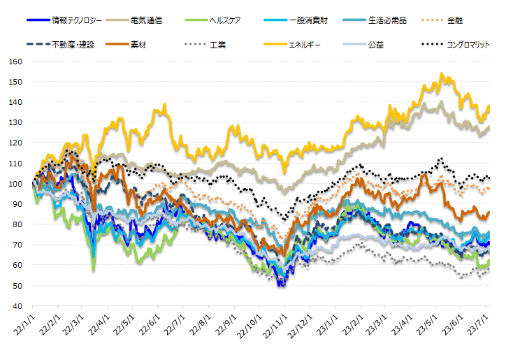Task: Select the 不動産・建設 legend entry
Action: (76, 45)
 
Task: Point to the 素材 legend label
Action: (138, 45)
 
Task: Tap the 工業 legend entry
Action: (217, 45)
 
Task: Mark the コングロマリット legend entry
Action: (468, 45)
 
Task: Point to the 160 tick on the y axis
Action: (16, 62)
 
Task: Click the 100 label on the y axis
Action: (16, 184)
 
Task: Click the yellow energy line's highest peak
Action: (441, 73)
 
